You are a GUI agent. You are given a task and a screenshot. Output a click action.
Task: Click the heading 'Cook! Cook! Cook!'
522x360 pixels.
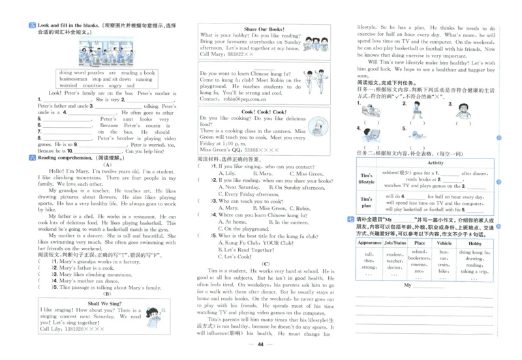(264, 112)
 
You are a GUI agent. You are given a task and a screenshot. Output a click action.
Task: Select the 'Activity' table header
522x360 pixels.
(435, 163)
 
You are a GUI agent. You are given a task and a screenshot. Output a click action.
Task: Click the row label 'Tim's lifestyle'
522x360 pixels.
(367, 179)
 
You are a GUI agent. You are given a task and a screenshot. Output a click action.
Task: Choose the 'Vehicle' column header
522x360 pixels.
(444, 243)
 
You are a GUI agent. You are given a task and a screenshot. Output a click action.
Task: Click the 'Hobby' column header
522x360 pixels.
(474, 243)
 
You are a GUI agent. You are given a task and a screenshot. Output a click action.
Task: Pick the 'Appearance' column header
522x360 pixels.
(369, 243)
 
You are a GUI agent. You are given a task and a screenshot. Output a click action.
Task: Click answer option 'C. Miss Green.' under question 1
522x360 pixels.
(308, 173)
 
